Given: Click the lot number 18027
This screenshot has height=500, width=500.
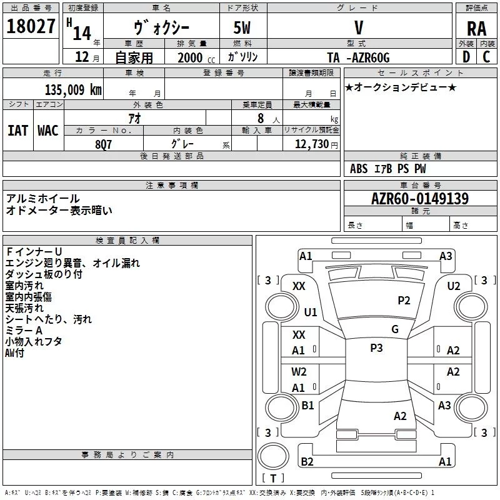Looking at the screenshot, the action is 31,26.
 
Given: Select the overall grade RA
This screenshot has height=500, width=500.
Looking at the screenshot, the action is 477,29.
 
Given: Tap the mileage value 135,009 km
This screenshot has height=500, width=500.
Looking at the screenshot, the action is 73,89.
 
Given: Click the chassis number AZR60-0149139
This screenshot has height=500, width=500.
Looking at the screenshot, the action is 420,198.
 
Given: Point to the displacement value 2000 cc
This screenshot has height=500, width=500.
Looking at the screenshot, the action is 196,57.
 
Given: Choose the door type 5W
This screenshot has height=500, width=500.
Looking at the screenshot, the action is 242,27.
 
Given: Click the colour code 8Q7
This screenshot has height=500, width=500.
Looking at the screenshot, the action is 103,144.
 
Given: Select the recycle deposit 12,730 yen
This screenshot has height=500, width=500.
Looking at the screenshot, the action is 316,144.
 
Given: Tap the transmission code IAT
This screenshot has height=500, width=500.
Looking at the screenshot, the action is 18,131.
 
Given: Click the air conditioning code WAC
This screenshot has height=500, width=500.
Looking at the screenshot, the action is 48,131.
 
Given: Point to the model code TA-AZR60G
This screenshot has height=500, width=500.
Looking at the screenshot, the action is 358,57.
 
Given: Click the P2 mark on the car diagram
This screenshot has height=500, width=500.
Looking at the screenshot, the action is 404,301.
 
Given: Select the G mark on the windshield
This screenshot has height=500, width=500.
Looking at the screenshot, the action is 395,329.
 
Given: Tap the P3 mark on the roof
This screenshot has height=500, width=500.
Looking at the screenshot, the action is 376,348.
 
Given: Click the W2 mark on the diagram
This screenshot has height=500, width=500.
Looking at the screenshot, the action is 299,372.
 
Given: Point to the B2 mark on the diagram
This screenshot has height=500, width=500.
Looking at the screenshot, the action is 307,461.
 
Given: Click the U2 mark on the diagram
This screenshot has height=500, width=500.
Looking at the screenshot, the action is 454,286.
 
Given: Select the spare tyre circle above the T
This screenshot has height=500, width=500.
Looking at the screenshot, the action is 273,456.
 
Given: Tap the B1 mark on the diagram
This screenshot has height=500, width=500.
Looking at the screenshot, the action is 307,405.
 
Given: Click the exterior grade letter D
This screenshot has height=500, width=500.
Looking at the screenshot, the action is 466,57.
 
